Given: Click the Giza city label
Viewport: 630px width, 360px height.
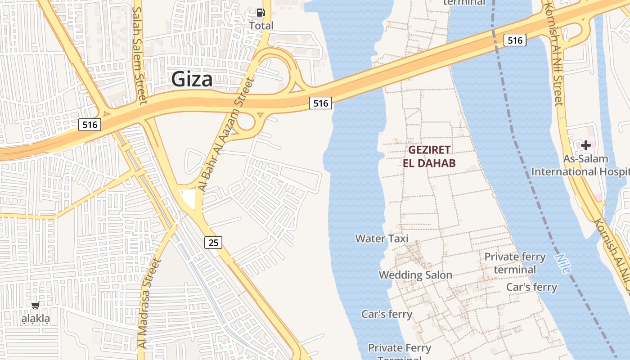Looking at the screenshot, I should pos(192,80).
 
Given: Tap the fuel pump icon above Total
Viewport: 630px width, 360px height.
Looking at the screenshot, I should pos(261,13).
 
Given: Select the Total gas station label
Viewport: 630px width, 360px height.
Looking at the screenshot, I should pos(261,26).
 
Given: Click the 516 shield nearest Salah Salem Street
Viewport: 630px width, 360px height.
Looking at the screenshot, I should pos(90,125).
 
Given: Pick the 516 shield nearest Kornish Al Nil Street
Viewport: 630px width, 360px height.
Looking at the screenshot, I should pos(515,40).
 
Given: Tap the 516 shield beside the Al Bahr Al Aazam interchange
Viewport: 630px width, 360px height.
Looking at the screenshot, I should pos(320,103).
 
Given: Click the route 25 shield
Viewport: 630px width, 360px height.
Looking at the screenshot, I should pos(213,243).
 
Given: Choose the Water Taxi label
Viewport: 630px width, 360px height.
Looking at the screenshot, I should pos(382,238).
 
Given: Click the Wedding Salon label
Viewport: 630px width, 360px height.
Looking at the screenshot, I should pos(415,274).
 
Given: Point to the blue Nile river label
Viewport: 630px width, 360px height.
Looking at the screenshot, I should pos(562,263).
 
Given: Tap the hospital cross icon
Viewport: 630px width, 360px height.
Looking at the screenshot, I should pos(586,145).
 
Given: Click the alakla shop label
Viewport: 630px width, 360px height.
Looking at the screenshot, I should pos(36,319).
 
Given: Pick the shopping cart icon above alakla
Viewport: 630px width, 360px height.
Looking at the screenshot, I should pos(36,306).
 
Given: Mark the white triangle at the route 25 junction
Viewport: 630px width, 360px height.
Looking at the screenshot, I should pos(189,198).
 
